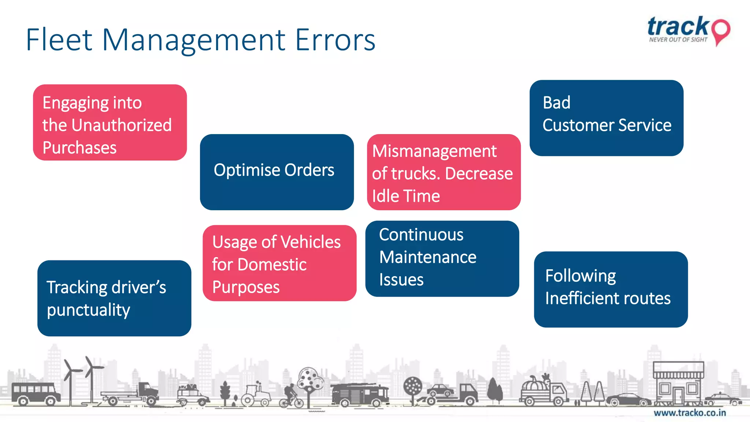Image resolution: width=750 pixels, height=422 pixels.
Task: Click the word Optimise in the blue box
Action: (247, 170)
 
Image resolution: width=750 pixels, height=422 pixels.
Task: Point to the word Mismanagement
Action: (434, 151)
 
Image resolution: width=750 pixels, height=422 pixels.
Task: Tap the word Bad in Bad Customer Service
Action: (556, 103)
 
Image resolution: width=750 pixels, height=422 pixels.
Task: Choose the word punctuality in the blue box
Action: (88, 310)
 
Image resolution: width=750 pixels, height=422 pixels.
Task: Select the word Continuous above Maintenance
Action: (421, 235)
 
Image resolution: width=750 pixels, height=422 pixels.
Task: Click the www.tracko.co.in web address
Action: (690, 413)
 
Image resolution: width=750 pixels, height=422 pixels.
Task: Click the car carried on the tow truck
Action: (441, 390)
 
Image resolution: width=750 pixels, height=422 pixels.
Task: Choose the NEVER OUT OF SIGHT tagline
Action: (678, 40)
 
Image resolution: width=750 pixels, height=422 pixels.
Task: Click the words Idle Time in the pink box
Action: (406, 196)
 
